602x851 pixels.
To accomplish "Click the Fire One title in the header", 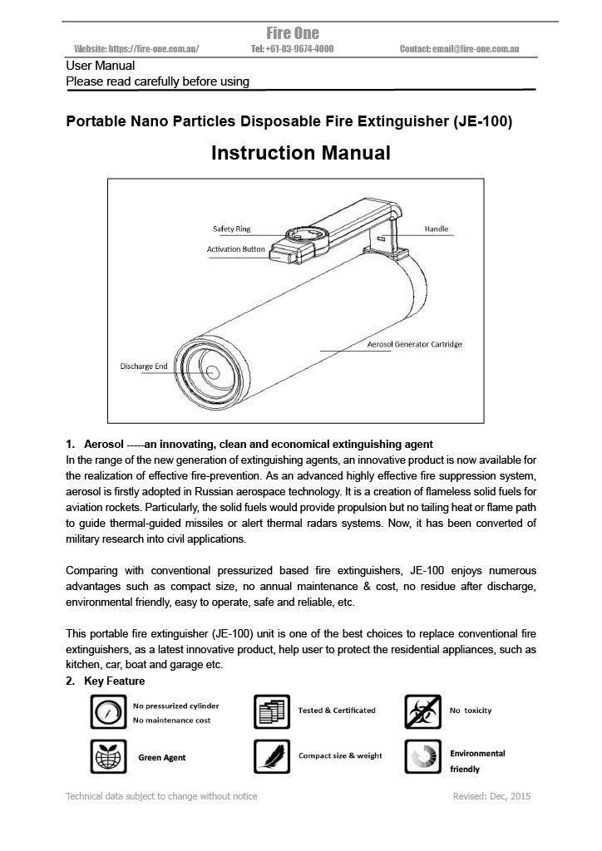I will pyautogui.click(x=292, y=33).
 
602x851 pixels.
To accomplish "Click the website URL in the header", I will pyautogui.click(x=136, y=49).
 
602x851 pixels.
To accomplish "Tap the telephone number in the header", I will pyautogui.click(x=292, y=49).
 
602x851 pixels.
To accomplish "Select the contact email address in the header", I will pyautogui.click(x=459, y=49).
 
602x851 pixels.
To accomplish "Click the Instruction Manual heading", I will pyautogui.click(x=300, y=154).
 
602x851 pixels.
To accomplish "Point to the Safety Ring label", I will pyautogui.click(x=232, y=229).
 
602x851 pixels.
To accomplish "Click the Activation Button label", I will pyautogui.click(x=236, y=248).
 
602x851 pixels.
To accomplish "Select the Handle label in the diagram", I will pyautogui.click(x=437, y=229).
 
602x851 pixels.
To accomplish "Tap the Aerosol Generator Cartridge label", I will pyautogui.click(x=414, y=344).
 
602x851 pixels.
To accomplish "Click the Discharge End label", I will pyautogui.click(x=143, y=366).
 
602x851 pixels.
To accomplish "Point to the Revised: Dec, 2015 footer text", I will pyautogui.click(x=491, y=796).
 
